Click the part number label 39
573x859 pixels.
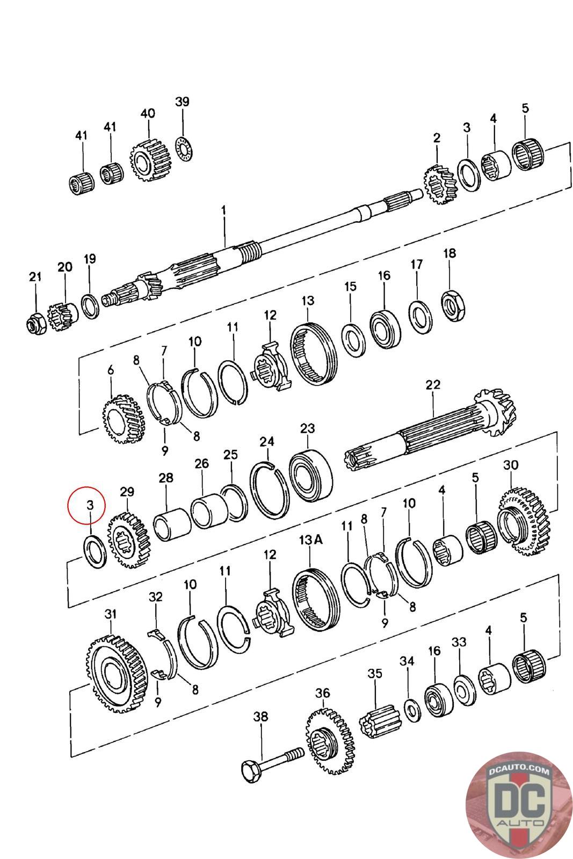(x=183, y=101)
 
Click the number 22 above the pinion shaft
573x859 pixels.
(x=433, y=384)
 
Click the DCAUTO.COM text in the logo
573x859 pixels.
(x=520, y=772)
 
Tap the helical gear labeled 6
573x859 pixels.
(x=124, y=419)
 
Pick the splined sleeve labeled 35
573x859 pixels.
(x=380, y=720)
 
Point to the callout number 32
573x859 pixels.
(x=156, y=596)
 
